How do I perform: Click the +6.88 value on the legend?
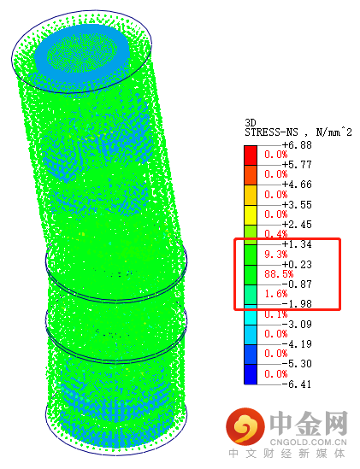[x=297, y=145]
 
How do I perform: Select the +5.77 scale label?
[x=297, y=165]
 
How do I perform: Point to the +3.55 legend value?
[x=297, y=204]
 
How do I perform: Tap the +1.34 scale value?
[x=297, y=244]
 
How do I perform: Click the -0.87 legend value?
[x=297, y=284]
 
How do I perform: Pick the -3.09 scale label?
[x=297, y=324]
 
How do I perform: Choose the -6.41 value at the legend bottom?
[x=297, y=384]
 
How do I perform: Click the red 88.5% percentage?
[x=279, y=273]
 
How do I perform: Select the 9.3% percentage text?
[x=276, y=254]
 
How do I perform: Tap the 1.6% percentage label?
[x=276, y=294]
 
